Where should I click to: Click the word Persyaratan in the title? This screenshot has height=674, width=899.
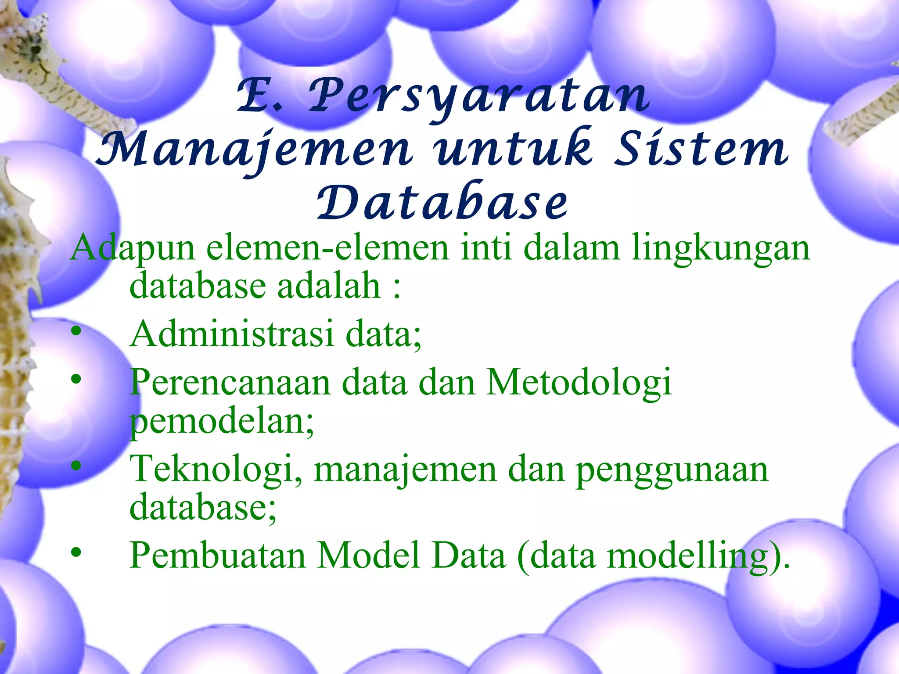tap(478, 96)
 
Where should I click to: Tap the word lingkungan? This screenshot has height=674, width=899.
tap(720, 248)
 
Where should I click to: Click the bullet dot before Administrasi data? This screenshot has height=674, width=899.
tap(76, 331)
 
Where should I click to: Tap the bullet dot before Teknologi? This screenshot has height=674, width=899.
tap(76, 466)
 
